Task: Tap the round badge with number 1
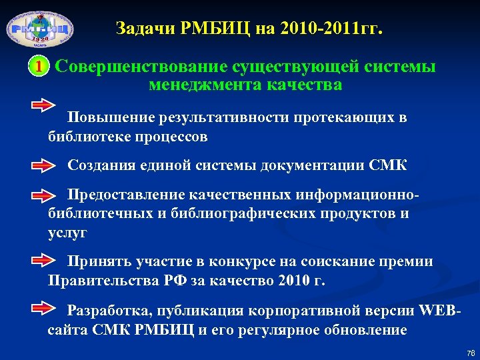coord(39,67)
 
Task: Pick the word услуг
coord(67,233)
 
